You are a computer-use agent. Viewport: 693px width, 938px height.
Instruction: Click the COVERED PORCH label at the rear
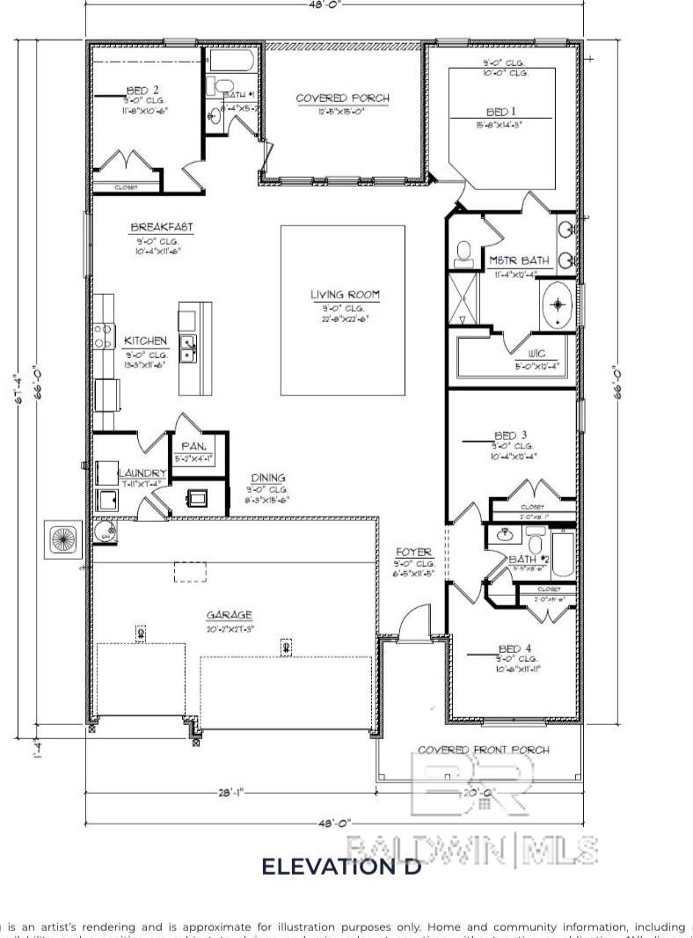click(342, 98)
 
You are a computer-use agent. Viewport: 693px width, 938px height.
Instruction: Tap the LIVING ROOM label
click(344, 296)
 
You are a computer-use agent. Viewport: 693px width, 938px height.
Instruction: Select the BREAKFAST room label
click(162, 227)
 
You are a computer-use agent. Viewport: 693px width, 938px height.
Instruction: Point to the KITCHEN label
click(145, 341)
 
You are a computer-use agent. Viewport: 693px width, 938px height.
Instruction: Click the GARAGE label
click(230, 615)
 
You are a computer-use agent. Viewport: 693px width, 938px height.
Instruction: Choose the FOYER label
click(414, 552)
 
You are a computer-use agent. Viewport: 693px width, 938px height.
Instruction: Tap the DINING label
click(267, 478)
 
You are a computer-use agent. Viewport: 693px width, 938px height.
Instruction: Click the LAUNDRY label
click(142, 473)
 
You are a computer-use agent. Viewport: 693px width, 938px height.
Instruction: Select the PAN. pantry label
click(193, 446)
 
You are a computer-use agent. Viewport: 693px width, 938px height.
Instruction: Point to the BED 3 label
click(511, 436)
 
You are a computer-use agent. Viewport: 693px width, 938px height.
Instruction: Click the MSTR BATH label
click(520, 260)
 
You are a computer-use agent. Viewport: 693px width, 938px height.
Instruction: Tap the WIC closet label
click(536, 354)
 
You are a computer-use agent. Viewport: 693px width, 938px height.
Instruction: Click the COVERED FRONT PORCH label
click(483, 750)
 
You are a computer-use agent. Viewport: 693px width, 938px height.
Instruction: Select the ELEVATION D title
click(341, 867)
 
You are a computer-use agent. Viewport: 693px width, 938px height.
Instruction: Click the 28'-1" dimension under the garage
click(231, 792)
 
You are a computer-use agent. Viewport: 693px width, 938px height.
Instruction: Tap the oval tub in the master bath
click(558, 305)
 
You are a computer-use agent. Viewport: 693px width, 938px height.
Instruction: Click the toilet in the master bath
click(464, 254)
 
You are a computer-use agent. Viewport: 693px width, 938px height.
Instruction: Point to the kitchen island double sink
click(189, 348)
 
